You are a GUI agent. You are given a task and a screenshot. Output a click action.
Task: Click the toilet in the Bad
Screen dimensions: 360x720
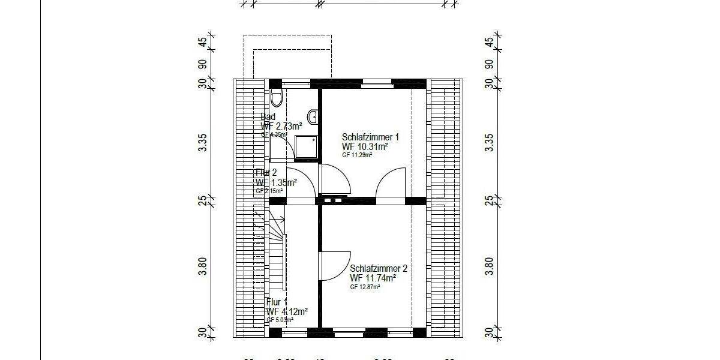coord(276,97)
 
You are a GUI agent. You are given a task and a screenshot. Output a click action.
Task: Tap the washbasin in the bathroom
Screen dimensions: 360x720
coord(313,115)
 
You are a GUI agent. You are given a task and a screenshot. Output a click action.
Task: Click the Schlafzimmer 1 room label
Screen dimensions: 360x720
coord(370,137)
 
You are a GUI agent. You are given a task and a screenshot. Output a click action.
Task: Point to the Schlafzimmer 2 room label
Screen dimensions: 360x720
coord(379,269)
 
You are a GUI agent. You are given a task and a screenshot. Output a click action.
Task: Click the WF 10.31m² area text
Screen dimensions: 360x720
coord(365,146)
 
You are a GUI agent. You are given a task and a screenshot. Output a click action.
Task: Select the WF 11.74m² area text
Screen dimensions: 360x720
coord(373,278)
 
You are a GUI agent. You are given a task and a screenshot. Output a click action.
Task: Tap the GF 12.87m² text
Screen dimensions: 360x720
coord(365,287)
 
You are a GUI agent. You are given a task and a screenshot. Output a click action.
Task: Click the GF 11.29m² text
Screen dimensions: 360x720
coord(357,155)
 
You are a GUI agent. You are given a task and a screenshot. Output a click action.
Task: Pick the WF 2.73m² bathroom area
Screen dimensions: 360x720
coord(281,126)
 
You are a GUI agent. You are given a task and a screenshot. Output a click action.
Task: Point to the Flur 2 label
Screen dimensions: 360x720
coord(266,173)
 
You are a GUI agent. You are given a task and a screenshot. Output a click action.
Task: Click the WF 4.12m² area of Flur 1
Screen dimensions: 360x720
coord(287,311)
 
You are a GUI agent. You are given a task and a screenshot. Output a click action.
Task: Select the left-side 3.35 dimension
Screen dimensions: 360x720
coord(203,142)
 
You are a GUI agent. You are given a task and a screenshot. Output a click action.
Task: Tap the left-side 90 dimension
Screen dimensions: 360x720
coord(203,64)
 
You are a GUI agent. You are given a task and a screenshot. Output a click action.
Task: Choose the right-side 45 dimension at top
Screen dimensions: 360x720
coord(489,43)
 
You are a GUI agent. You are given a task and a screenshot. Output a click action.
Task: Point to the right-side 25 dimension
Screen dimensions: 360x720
coord(489,200)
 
